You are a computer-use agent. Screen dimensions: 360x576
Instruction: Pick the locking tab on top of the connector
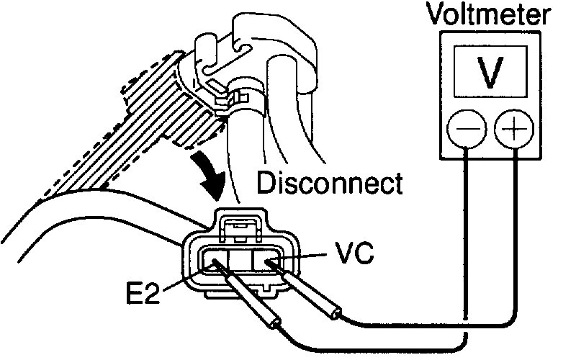(x=240, y=228)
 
